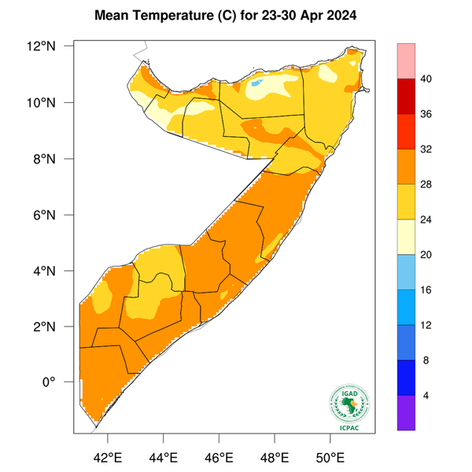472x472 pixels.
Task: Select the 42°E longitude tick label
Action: (107, 457)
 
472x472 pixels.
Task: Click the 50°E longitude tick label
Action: (330, 457)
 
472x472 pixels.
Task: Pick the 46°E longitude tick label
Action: (219, 457)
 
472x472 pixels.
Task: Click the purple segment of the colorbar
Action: (407, 413)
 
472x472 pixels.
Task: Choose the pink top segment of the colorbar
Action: (407, 61)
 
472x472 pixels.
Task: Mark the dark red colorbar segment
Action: (407, 97)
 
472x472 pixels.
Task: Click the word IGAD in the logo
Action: (347, 393)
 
